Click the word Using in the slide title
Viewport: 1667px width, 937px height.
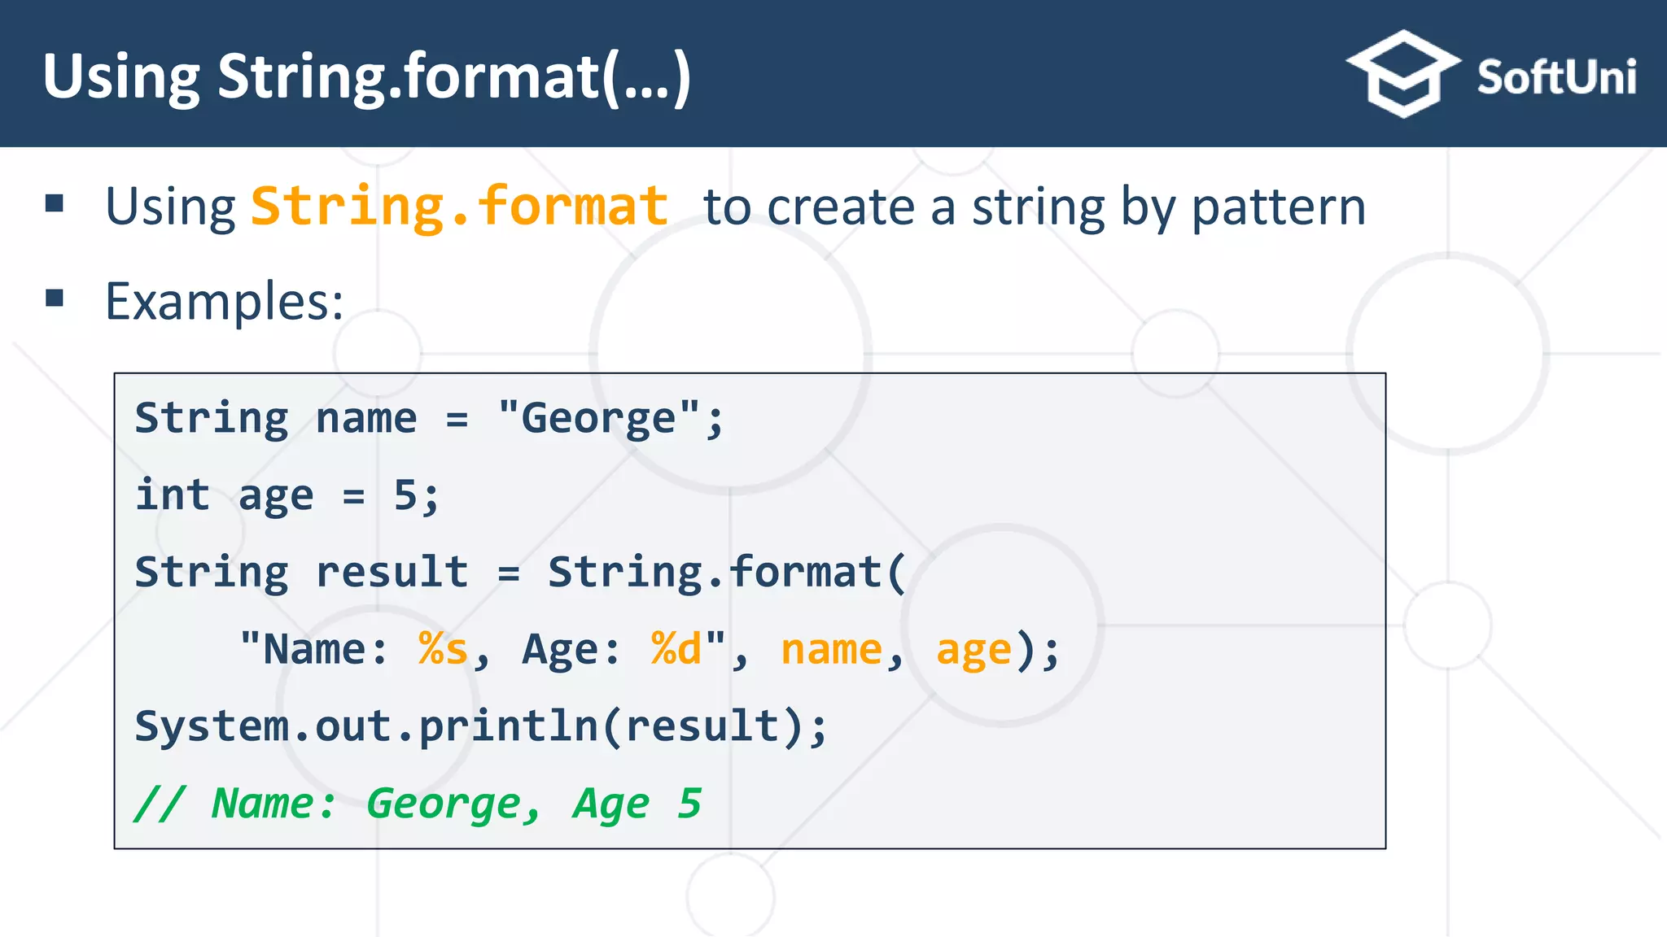coord(121,78)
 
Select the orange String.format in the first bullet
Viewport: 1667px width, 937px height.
coord(460,207)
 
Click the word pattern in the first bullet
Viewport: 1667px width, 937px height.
coord(1278,208)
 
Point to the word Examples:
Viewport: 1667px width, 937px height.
coord(225,303)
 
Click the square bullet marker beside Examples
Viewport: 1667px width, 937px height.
coord(55,298)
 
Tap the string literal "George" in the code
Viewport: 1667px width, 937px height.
coord(599,418)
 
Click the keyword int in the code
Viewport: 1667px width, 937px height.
coord(173,495)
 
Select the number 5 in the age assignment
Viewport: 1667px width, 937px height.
coord(405,495)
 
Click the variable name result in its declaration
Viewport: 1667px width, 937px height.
coord(392,572)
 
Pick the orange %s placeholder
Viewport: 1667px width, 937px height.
coord(444,649)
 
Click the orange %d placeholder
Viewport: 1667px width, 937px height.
coord(676,649)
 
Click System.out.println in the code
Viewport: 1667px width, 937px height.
coord(366,726)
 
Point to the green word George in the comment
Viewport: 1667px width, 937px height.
coord(444,804)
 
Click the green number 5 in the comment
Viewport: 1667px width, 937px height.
coord(689,804)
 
